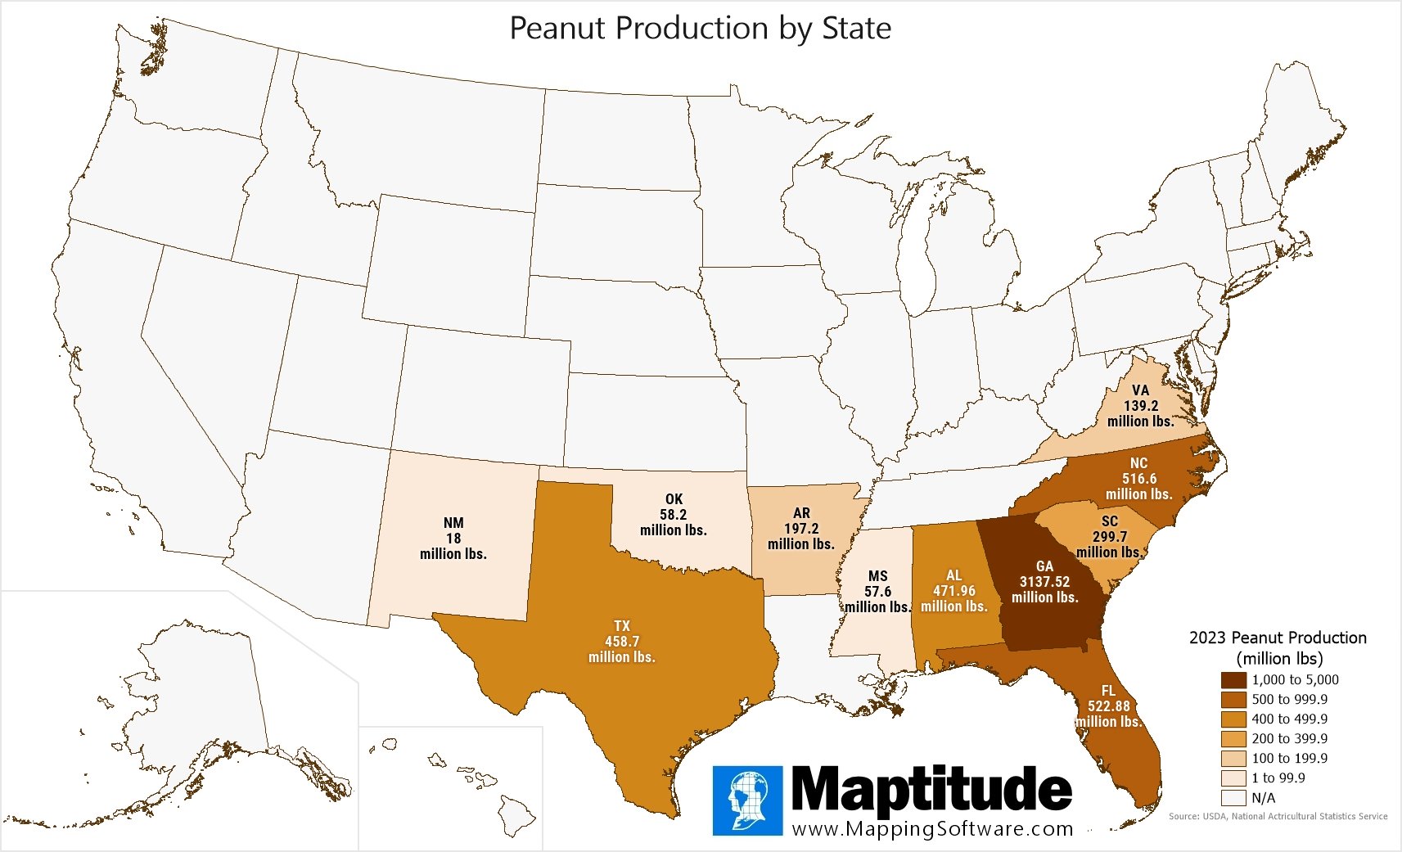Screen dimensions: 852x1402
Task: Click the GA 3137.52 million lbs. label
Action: (x=1044, y=582)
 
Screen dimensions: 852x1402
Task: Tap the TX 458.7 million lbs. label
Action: (x=622, y=642)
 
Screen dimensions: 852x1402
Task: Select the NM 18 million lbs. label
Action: (x=453, y=539)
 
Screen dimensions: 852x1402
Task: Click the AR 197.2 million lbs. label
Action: (x=801, y=529)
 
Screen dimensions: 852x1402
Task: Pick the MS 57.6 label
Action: (x=877, y=592)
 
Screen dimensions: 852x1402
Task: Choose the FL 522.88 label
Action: (x=1108, y=706)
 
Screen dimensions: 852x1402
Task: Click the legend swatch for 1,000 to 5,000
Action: (x=1233, y=680)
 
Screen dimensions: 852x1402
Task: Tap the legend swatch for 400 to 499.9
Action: (x=1233, y=719)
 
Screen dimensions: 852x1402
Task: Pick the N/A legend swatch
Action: (x=1233, y=798)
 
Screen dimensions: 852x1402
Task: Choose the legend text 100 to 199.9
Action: (x=1289, y=759)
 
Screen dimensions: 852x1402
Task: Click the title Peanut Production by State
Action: (x=700, y=29)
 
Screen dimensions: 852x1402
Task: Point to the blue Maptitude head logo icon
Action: (x=746, y=800)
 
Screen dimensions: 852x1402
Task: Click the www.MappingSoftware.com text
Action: (x=932, y=828)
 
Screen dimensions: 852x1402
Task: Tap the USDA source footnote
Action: (x=1278, y=816)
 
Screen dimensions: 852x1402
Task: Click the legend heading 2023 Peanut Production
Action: (x=1278, y=638)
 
